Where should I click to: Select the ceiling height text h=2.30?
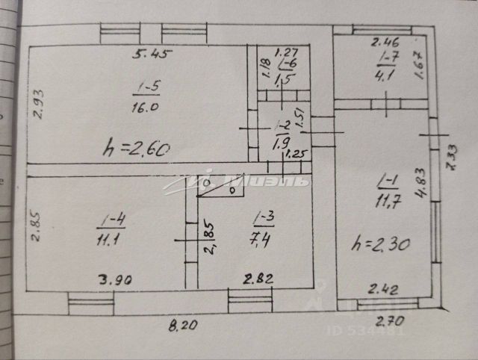click(x=381, y=243)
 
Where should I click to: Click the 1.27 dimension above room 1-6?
click(x=287, y=52)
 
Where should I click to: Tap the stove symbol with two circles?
click(x=220, y=187)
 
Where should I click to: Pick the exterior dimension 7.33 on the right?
click(x=452, y=157)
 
